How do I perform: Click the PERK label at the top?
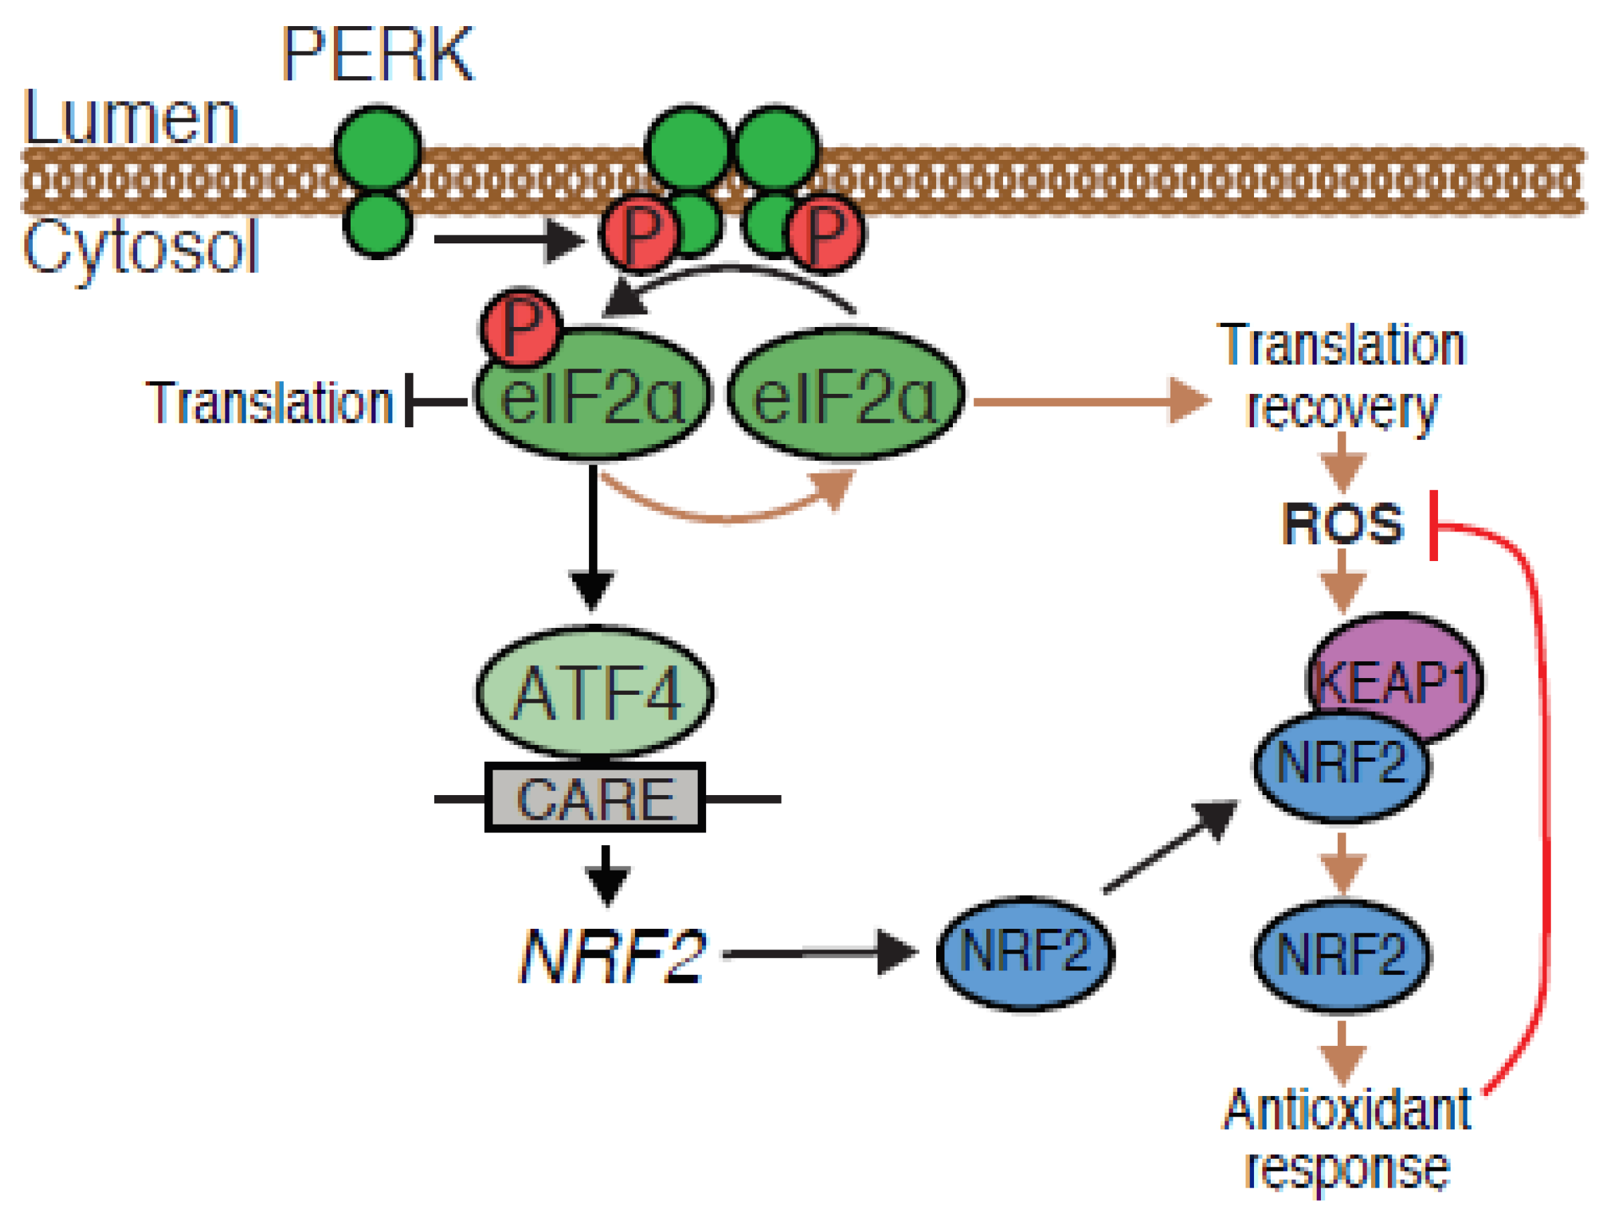(x=377, y=54)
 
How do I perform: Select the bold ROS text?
(x=1342, y=524)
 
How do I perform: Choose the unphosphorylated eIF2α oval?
(x=846, y=395)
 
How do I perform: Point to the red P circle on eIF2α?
(x=521, y=326)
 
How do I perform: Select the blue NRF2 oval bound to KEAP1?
(x=1342, y=766)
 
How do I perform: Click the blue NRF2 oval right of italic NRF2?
(x=1025, y=954)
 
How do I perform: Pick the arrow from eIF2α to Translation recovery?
(x=1089, y=401)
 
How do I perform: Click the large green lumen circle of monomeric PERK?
(x=377, y=148)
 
